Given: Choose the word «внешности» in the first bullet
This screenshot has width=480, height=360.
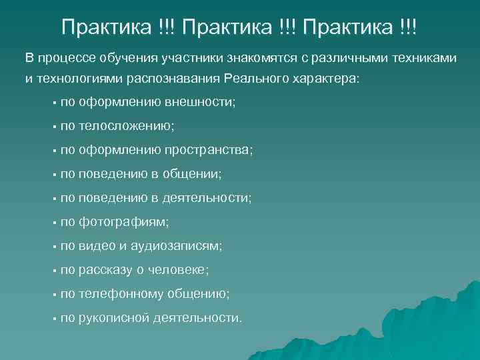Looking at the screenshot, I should [205, 103].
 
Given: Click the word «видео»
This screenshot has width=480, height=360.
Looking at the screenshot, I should [97, 246].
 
